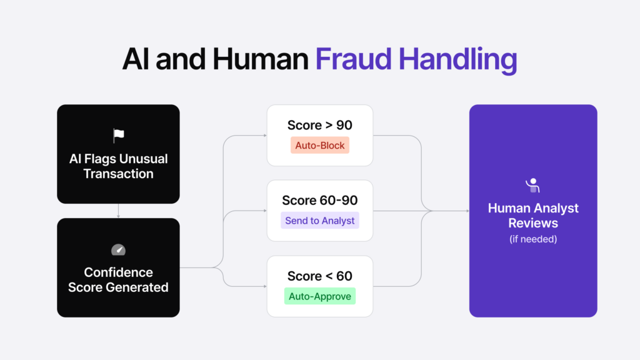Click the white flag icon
(x=118, y=136)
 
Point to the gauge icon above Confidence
(x=118, y=250)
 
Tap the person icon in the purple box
(x=532, y=185)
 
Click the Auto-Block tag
(x=319, y=145)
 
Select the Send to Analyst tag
(x=319, y=220)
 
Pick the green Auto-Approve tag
(x=319, y=296)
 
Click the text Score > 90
(x=319, y=125)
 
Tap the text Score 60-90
(x=319, y=200)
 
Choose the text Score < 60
(x=319, y=276)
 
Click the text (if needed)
(x=532, y=239)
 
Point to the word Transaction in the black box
(x=118, y=174)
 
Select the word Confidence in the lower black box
(x=118, y=272)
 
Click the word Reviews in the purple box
(x=532, y=223)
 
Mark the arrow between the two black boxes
(x=118, y=211)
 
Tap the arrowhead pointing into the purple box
(x=466, y=211)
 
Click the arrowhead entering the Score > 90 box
(x=264, y=135)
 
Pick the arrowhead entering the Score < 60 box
(x=264, y=286)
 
